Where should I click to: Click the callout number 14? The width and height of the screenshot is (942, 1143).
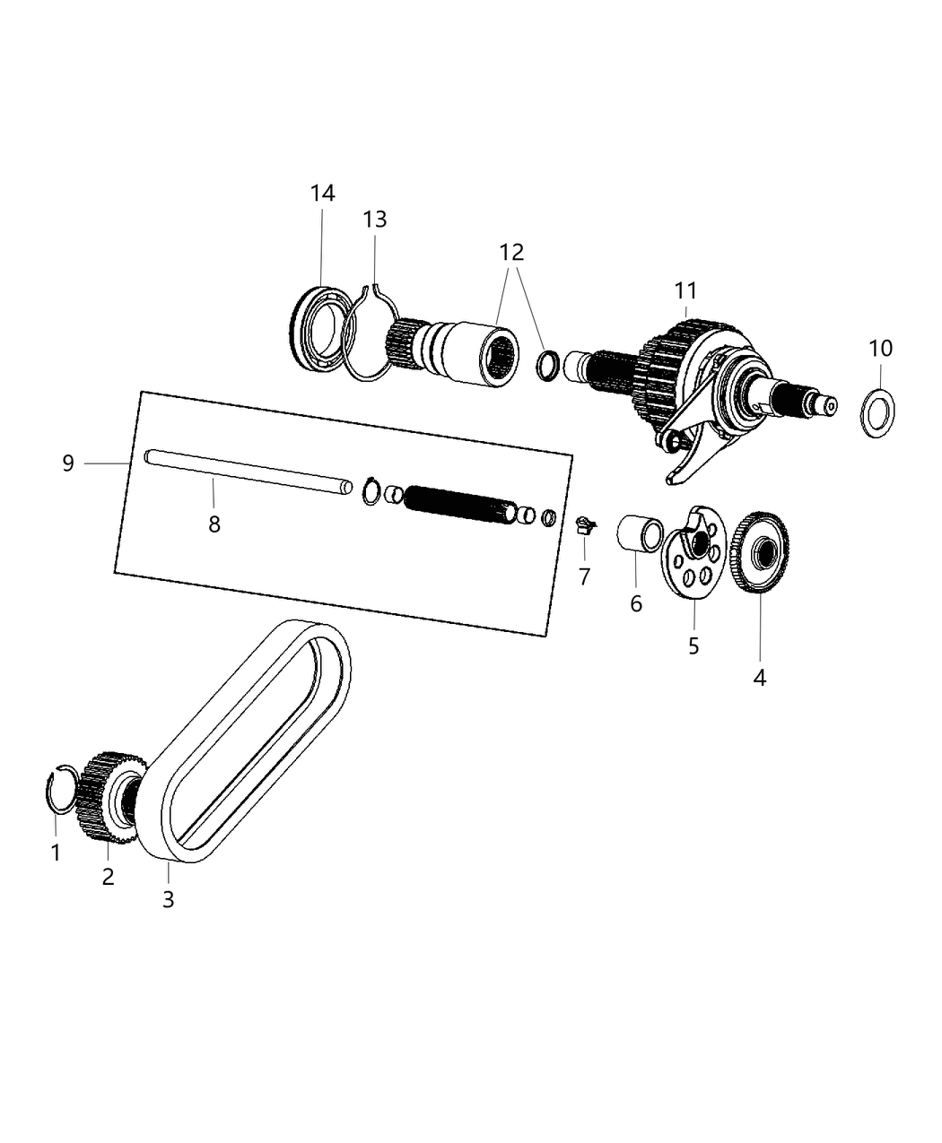coord(322,193)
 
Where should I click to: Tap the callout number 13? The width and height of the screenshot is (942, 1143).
coord(375,220)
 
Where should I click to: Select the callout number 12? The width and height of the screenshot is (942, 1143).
coord(511,253)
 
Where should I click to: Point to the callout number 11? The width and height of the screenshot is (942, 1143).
coord(685,290)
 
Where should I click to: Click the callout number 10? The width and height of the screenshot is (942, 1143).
coord(880,348)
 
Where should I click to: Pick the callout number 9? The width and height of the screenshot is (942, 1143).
coord(68,463)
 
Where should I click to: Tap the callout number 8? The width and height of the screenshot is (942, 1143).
coord(214,524)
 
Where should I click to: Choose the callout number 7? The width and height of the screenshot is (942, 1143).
coord(584,577)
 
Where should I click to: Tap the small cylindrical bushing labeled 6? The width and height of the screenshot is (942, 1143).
coord(638,535)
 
